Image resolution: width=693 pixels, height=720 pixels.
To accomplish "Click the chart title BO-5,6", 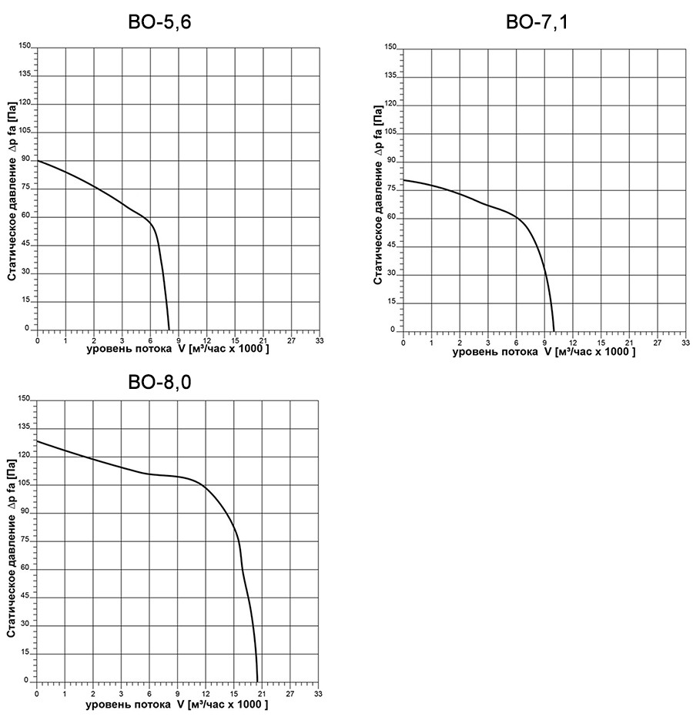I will [x=159, y=22].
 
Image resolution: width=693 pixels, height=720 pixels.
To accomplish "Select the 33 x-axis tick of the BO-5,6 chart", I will [x=320, y=340].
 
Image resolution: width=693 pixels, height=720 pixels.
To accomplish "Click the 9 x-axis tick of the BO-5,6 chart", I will [x=179, y=340].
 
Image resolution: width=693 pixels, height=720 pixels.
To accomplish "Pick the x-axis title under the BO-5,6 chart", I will [x=177, y=350].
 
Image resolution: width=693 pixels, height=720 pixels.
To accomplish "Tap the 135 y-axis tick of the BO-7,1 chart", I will [x=392, y=76].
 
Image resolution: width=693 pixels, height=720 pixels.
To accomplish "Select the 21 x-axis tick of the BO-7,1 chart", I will [x=628, y=341].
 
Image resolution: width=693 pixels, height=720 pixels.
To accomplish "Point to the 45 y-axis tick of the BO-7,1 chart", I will [x=393, y=246].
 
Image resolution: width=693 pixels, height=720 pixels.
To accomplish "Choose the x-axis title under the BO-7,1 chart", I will [x=543, y=352].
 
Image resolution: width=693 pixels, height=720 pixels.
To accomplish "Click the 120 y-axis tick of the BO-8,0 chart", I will [x=25, y=455].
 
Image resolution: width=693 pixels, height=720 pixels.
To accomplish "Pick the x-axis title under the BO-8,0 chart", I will [x=176, y=704].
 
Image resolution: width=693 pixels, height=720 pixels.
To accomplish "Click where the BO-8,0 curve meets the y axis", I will [x=37, y=441].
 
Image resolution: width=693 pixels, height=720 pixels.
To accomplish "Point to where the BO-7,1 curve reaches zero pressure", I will [x=554, y=331].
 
